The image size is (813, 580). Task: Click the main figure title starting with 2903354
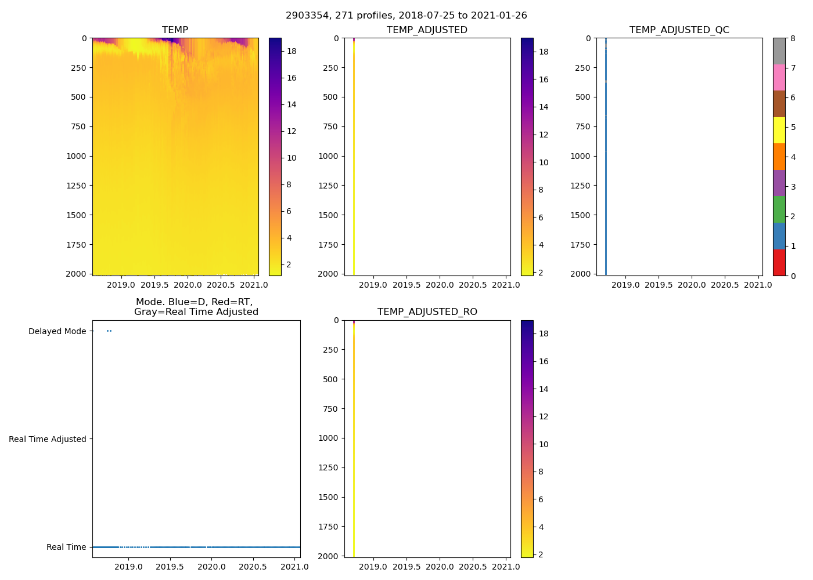pos(406,16)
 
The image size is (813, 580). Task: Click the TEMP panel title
pos(175,30)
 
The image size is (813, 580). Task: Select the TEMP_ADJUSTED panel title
pos(427,30)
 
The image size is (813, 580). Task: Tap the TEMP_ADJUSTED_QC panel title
pos(679,30)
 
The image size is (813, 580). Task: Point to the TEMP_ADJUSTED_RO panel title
pos(427,312)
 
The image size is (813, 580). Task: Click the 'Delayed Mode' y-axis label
pos(57,331)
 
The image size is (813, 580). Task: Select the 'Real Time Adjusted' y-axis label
pos(47,439)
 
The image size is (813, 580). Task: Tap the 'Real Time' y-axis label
pos(66,547)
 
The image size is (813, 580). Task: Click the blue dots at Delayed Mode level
pos(109,331)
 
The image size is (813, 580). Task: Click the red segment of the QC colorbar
pos(779,262)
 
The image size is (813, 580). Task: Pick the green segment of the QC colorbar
pos(779,209)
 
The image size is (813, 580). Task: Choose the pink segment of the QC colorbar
pos(779,78)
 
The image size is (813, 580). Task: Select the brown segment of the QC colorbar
pos(779,104)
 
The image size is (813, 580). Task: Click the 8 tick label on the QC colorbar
pos(793,38)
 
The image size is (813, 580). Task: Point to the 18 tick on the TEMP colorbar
pos(292,51)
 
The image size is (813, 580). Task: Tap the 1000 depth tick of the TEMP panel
pos(76,156)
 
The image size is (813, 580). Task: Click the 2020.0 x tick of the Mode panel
pos(211,567)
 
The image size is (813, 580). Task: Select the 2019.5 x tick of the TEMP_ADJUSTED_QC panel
pos(659,285)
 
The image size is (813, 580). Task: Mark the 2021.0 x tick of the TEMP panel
pos(254,285)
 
